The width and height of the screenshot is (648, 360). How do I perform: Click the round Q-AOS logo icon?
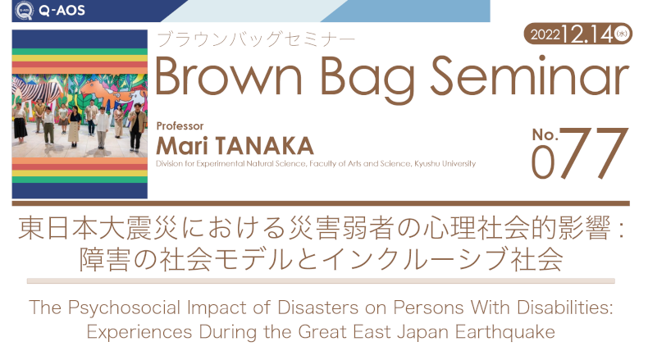[x=24, y=11]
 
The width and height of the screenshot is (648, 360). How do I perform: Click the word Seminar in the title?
[x=530, y=76]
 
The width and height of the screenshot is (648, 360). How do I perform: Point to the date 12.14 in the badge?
[x=586, y=34]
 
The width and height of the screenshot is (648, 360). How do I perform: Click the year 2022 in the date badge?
[x=545, y=34]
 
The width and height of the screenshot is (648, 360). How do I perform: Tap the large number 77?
[x=594, y=153]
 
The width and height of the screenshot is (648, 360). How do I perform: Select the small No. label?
[x=545, y=134]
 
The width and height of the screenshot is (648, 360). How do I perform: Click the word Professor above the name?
[x=180, y=126]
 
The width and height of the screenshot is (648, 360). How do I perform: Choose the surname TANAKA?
[x=264, y=146]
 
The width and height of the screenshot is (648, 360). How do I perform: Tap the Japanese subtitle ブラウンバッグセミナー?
[x=256, y=39]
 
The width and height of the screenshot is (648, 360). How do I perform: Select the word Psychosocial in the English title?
[x=125, y=308]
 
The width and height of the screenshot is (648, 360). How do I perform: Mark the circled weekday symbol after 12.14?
[x=622, y=34]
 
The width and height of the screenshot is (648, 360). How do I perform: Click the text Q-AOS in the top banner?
[x=62, y=11]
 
